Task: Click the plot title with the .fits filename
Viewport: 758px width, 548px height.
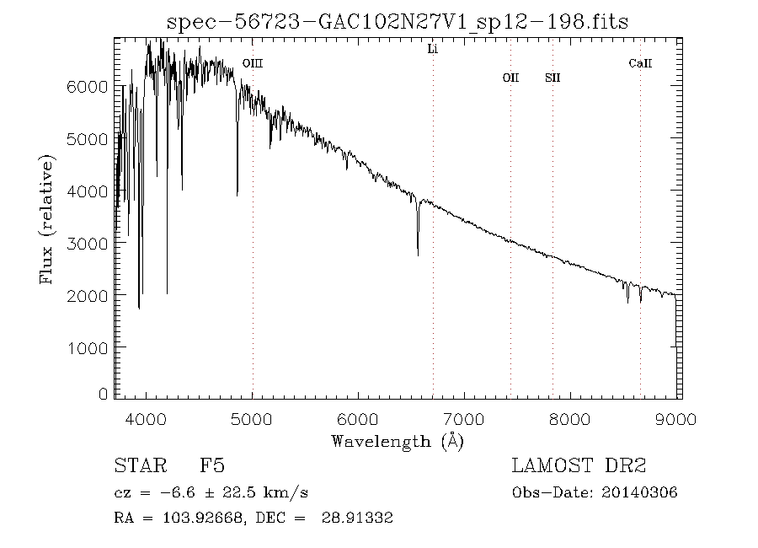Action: click(x=398, y=21)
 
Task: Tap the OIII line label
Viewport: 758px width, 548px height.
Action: click(x=253, y=63)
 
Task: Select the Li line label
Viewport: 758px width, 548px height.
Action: click(x=433, y=50)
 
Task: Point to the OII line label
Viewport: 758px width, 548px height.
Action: click(x=510, y=78)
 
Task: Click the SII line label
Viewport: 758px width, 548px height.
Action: click(x=552, y=78)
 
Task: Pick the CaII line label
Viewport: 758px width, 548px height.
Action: click(x=640, y=63)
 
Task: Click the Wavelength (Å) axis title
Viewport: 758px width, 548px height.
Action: click(x=398, y=440)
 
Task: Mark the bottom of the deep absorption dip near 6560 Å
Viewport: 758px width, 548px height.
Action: click(x=418, y=255)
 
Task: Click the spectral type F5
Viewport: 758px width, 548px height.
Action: click(x=211, y=466)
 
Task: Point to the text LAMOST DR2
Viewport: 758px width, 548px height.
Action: click(x=579, y=466)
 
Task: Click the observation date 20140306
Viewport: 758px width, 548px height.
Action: click(x=640, y=492)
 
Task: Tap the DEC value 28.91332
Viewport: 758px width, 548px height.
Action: click(x=357, y=518)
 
